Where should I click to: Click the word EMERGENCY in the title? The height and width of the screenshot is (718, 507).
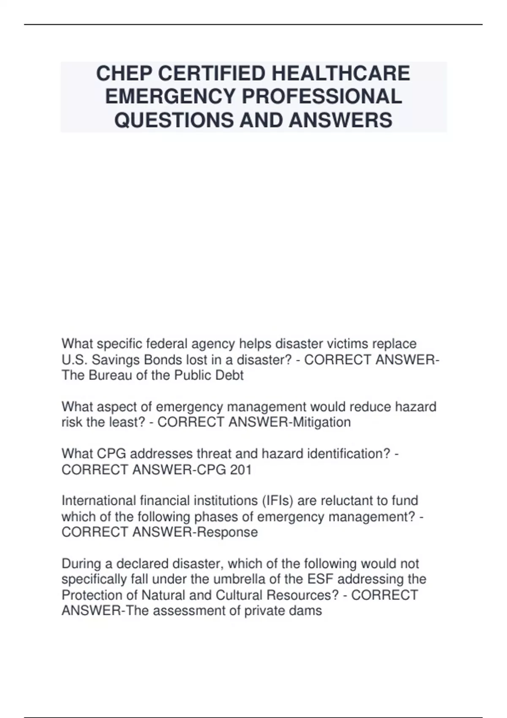(x=171, y=97)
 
